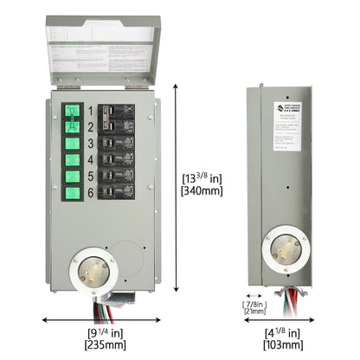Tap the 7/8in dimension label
coord(255,305)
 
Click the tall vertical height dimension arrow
coord(177,190)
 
